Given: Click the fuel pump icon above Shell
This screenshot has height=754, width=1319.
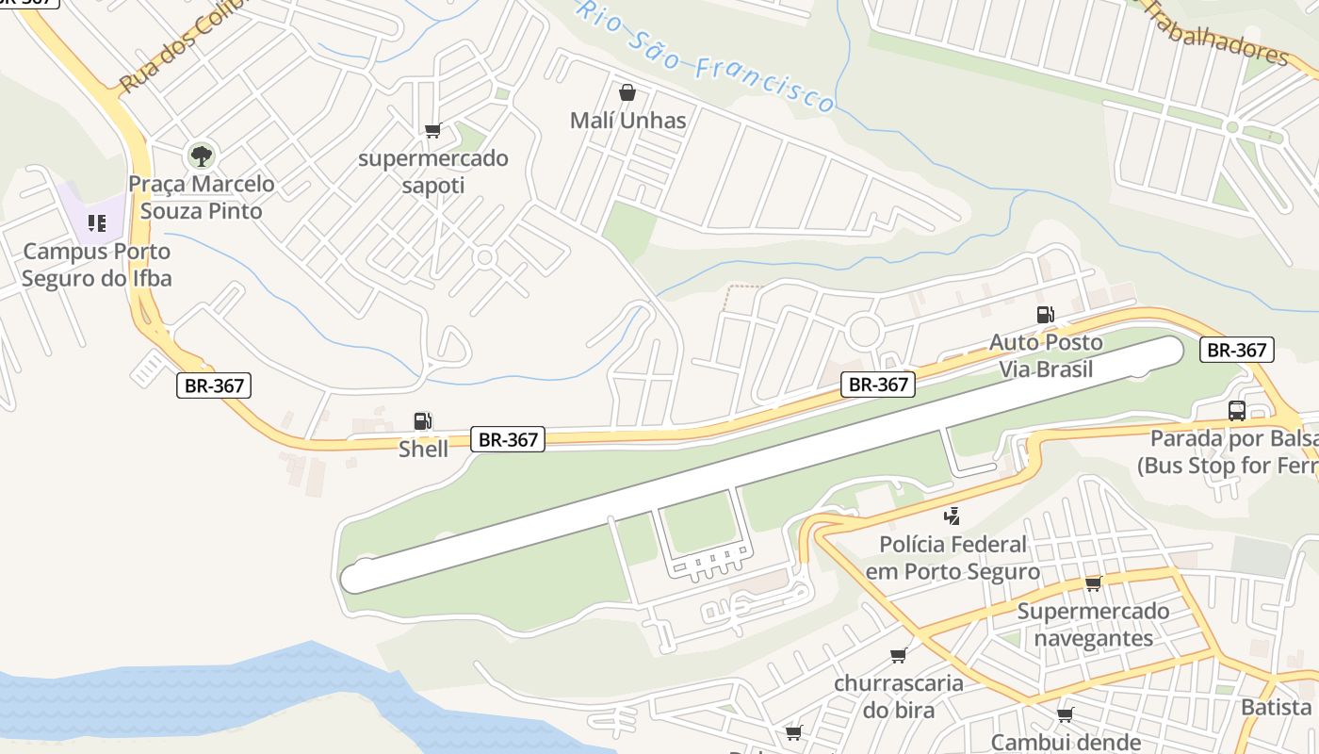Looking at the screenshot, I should (423, 421).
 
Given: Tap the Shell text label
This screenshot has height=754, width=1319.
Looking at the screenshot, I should (423, 449).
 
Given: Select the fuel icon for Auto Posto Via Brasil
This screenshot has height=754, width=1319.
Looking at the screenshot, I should (1045, 315).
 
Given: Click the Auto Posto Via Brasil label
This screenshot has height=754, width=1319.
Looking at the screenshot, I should (1046, 355).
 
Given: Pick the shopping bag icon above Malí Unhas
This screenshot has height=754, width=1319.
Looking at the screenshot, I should (627, 92).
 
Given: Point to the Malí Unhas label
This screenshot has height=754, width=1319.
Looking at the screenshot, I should (627, 121).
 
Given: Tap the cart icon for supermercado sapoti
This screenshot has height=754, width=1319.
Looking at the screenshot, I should (432, 131).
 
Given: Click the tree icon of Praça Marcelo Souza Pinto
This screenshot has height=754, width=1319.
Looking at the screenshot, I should (200, 156).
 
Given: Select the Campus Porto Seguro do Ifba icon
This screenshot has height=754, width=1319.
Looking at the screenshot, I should (97, 223).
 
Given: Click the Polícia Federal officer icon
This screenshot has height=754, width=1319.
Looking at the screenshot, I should (953, 516).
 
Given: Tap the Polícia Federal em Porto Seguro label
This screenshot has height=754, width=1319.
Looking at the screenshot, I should (953, 558).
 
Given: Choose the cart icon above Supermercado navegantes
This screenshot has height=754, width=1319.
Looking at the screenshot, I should (1093, 583).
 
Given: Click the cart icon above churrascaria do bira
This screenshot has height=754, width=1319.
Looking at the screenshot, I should (898, 655).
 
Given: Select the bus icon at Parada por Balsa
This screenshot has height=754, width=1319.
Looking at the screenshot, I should (1237, 411).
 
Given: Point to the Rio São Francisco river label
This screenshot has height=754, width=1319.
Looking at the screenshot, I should (706, 57).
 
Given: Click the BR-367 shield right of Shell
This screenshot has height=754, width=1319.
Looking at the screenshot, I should (508, 439).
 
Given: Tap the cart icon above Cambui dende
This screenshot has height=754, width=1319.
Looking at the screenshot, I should (1065, 714).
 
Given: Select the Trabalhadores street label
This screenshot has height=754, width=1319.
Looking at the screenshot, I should (1215, 33).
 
